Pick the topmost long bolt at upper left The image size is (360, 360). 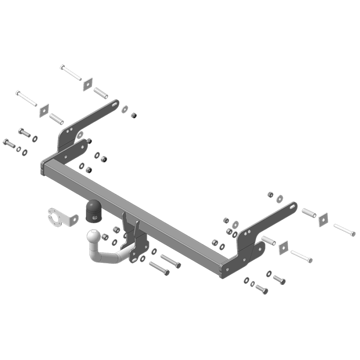coord(71,72)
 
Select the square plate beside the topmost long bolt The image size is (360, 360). coord(88,84)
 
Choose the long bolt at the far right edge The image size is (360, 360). coord(344,230)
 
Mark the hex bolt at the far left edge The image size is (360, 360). coord(9,143)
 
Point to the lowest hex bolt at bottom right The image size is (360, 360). coord(262,289)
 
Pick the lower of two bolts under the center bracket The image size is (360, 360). coord(159,268)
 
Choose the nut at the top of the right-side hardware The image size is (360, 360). coord(270,194)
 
